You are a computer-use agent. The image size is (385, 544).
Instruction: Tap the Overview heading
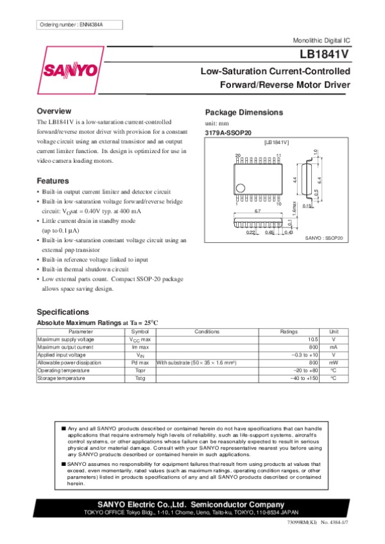[x=54, y=111]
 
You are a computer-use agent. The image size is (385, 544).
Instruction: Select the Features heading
[x=53, y=180]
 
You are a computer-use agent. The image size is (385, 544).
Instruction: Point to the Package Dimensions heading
[x=243, y=112]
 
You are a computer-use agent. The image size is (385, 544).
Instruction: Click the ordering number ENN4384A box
[x=71, y=24]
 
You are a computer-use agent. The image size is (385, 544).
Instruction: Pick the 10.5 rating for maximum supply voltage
[x=312, y=339]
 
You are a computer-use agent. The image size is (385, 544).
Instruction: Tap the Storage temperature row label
[x=61, y=379]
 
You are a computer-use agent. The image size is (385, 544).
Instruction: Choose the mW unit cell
[x=333, y=363]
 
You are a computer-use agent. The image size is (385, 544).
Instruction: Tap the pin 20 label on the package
[x=237, y=156]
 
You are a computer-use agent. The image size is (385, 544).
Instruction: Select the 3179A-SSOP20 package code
[x=228, y=132]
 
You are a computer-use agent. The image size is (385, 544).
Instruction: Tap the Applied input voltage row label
[x=61, y=355]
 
